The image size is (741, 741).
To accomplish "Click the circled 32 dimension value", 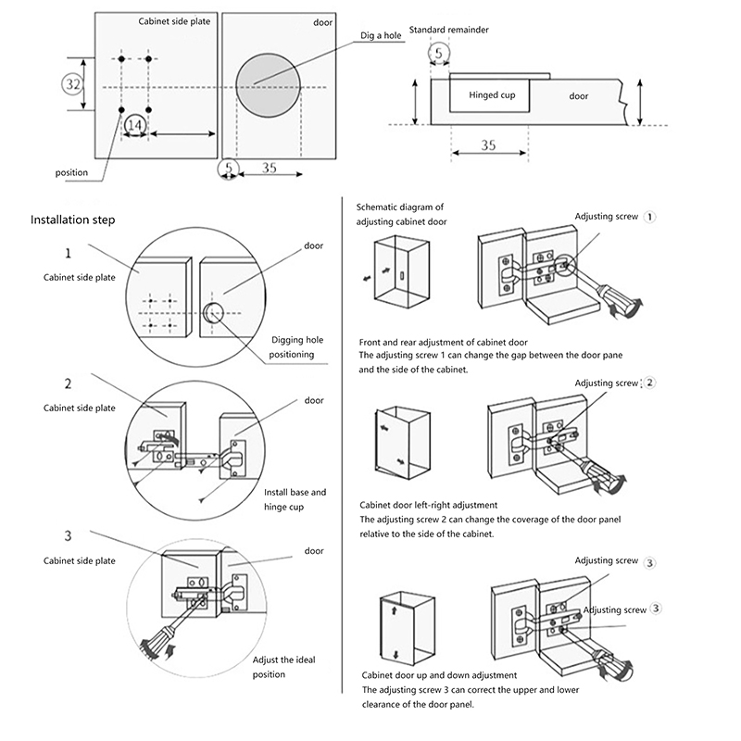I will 74,84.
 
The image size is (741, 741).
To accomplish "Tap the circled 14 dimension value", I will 134,123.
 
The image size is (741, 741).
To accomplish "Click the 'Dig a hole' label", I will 382,36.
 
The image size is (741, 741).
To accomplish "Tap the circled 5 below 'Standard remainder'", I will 438,54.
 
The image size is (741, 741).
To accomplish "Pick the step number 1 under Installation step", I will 69,253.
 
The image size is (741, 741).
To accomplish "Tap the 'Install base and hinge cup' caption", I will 295,500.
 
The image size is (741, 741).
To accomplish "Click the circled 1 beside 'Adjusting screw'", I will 650,217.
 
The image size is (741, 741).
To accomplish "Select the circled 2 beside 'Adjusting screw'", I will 650,383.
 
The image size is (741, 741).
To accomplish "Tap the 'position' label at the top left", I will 71,172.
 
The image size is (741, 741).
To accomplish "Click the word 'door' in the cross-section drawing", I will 579,96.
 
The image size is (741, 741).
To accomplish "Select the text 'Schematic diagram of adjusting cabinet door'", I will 400,215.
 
